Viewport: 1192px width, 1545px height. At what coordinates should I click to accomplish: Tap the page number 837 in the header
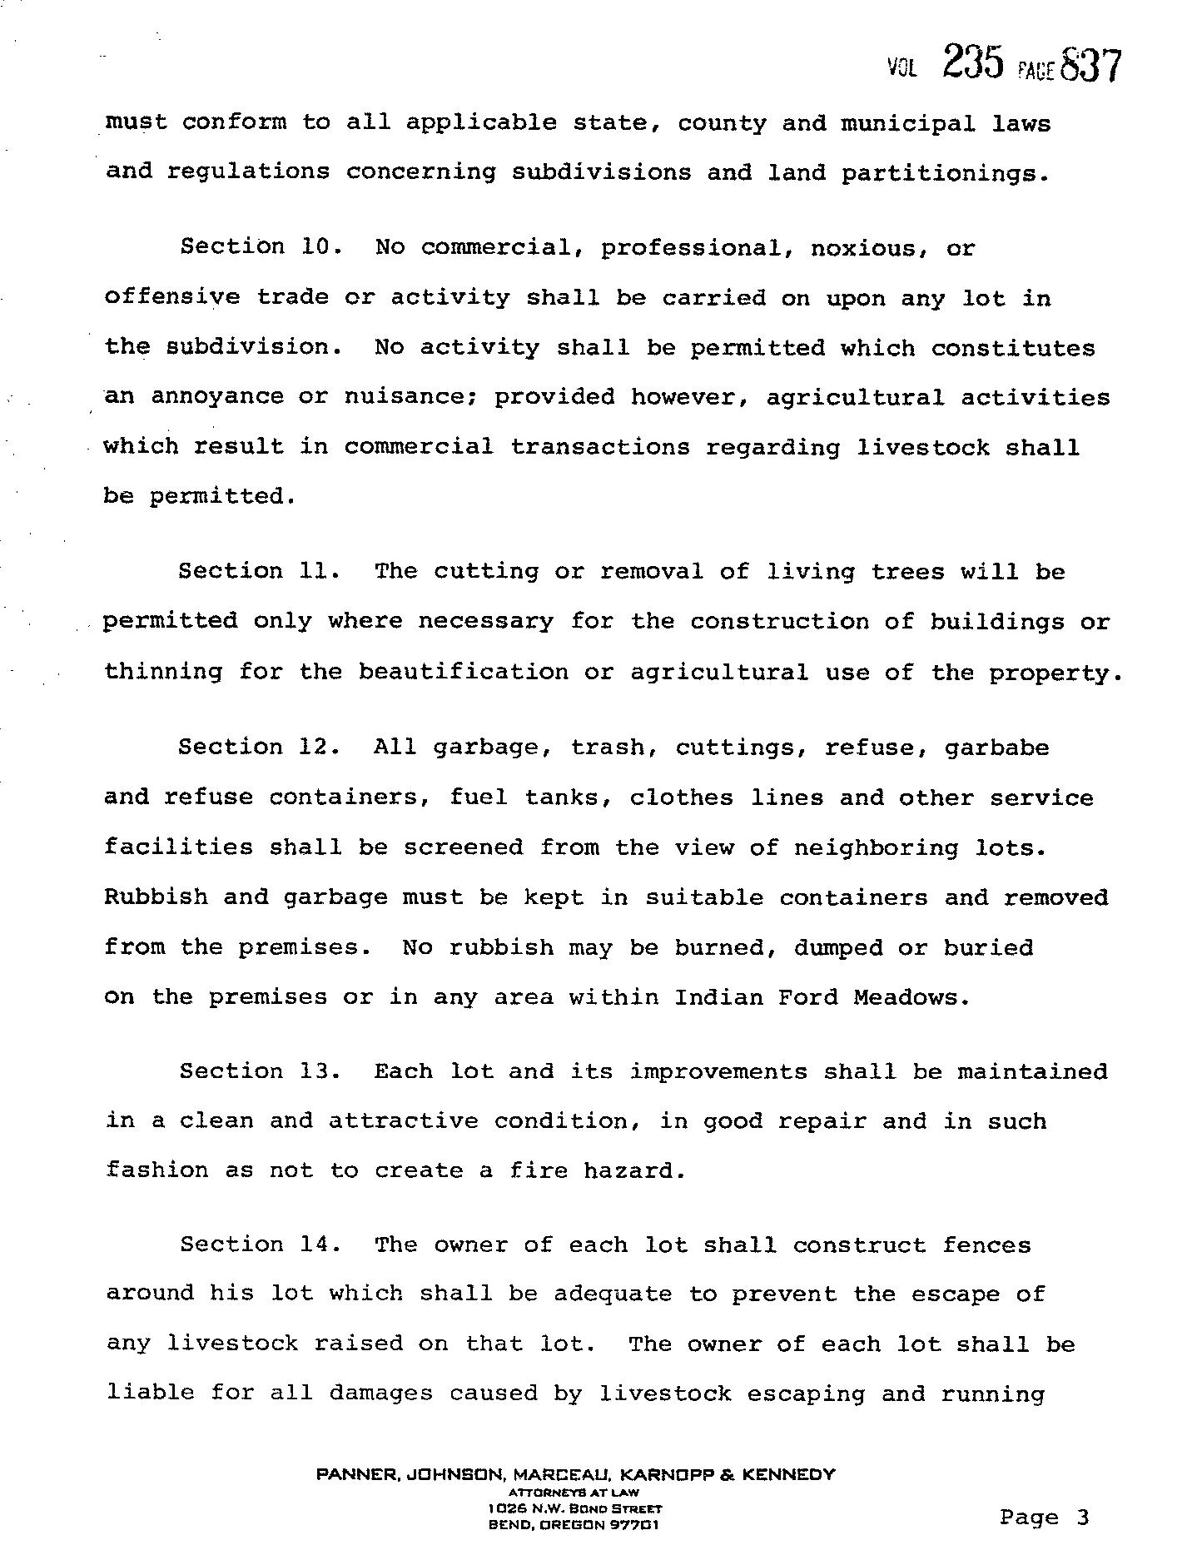coord(1091,66)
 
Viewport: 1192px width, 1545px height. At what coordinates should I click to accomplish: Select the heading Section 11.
coord(259,571)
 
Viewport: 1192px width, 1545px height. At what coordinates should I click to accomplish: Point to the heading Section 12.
coord(259,747)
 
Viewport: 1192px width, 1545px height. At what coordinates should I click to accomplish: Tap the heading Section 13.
coord(260,1071)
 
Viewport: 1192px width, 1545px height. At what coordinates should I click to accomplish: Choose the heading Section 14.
coord(260,1244)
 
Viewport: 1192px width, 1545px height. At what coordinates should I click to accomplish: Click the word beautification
coord(464,672)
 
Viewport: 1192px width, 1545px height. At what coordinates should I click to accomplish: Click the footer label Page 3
coord(1044,1517)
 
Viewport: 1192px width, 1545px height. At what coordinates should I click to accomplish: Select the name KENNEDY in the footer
coord(787,1474)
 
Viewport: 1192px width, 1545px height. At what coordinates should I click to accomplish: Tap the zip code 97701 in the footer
coord(636,1525)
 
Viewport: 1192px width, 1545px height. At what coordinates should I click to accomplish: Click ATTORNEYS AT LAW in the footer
coord(574,1493)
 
